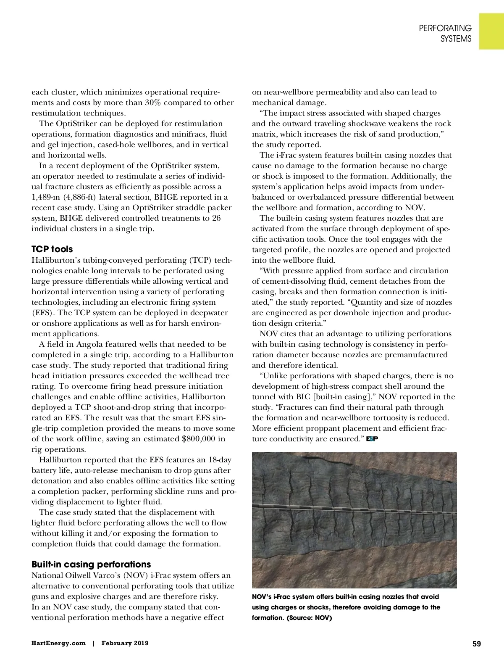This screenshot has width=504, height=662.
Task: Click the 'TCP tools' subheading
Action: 52,249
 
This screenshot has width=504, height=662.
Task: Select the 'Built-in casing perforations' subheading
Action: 91,564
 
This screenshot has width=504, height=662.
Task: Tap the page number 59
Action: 476,644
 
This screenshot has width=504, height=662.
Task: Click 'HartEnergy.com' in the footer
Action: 58,644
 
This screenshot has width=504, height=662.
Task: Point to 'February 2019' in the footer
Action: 125,644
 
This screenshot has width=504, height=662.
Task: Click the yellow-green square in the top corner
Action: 491,31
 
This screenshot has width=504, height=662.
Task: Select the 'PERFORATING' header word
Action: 445,28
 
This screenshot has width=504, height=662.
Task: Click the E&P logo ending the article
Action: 372,439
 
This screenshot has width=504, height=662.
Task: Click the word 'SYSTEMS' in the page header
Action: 456,39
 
